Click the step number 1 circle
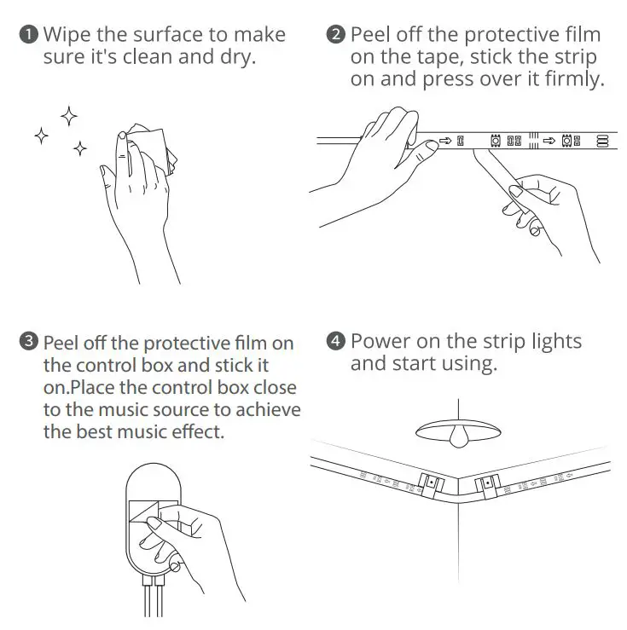pyautogui.click(x=29, y=35)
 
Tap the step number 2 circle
pyautogui.click(x=336, y=35)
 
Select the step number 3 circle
pyautogui.click(x=29, y=343)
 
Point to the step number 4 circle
pyautogui.click(x=336, y=342)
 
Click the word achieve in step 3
pyautogui.click(x=269, y=410)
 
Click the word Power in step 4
pyautogui.click(x=380, y=342)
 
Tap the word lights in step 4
pyautogui.click(x=553, y=342)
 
